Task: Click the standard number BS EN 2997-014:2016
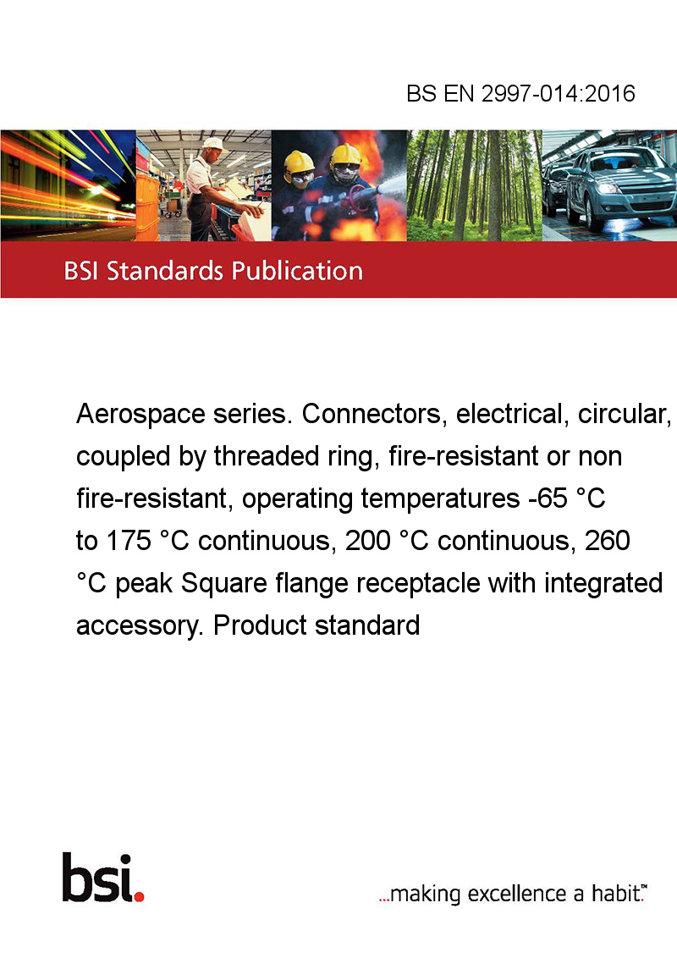point(520,93)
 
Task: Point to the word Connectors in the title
point(372,415)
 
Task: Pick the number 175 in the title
point(129,541)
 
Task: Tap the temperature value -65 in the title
point(548,498)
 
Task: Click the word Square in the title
point(224,583)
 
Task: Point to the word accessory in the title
point(140,626)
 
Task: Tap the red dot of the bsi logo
point(139,896)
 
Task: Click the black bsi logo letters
point(98,878)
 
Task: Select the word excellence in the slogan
point(518,894)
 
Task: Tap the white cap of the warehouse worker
point(214,144)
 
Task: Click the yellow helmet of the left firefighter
point(298,162)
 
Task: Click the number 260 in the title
point(608,541)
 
